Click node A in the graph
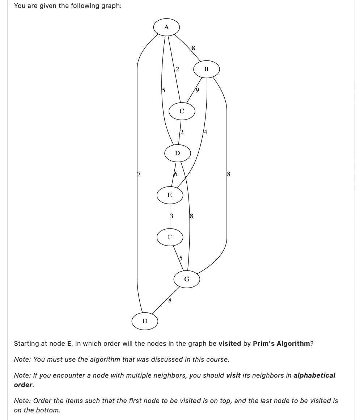(x=166, y=27)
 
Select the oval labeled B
(x=206, y=69)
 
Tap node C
(x=182, y=111)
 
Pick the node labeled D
(x=177, y=153)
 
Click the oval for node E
(x=170, y=195)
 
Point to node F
(x=170, y=237)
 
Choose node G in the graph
(x=187, y=279)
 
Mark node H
(x=145, y=321)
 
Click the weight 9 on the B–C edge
(x=197, y=90)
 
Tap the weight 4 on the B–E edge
(x=206, y=132)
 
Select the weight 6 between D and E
(x=176, y=174)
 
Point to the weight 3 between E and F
(x=171, y=216)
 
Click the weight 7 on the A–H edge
(x=138, y=174)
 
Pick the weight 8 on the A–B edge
(x=193, y=48)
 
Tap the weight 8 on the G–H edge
(x=169, y=300)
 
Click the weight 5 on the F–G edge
(x=181, y=258)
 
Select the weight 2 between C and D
(x=182, y=132)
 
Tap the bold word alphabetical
(x=314, y=375)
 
